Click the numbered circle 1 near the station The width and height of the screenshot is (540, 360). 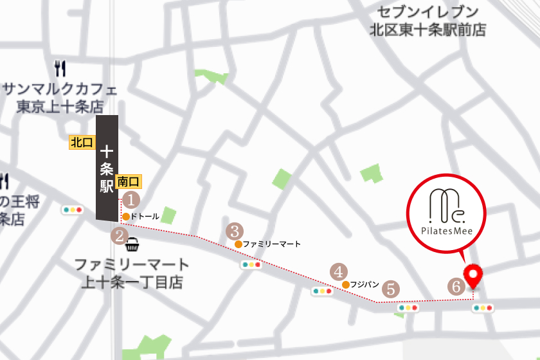click(x=131, y=199)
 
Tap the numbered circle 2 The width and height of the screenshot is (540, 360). click(x=119, y=235)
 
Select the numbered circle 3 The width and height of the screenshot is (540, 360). click(x=235, y=230)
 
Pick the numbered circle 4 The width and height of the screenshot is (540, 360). click(x=339, y=271)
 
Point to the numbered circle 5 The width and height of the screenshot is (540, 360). click(x=393, y=289)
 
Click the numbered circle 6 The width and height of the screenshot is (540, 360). click(x=456, y=287)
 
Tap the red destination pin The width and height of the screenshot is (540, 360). click(x=474, y=276)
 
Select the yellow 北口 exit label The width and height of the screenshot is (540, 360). click(x=82, y=142)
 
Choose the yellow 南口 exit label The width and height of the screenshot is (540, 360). click(x=129, y=182)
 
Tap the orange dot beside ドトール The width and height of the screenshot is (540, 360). click(x=126, y=217)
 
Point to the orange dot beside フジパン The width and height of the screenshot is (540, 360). click(x=346, y=284)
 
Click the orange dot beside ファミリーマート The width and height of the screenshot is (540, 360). click(x=239, y=244)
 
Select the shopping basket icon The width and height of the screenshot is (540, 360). click(x=133, y=244)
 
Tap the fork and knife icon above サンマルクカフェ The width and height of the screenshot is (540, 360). click(x=61, y=68)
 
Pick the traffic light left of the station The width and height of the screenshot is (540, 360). click(x=73, y=210)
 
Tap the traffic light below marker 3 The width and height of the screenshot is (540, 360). click(x=251, y=264)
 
